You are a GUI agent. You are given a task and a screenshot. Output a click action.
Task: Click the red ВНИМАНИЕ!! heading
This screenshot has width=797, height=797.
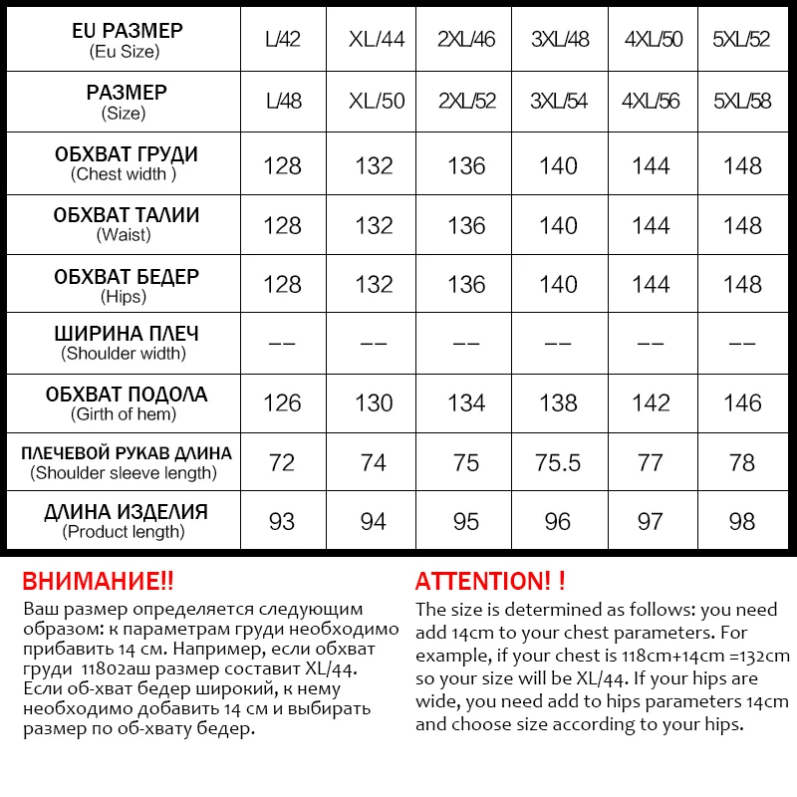98,582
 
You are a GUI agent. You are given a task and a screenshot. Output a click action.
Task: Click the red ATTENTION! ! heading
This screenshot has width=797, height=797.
490,582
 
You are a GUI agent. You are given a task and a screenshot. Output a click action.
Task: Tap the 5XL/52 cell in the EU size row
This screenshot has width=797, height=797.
742,41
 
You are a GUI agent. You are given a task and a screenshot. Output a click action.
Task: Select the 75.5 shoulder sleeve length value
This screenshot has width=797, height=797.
558,463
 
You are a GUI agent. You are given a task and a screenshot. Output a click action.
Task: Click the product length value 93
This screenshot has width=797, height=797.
283,522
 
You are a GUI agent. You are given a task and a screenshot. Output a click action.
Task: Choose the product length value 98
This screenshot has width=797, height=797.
742,522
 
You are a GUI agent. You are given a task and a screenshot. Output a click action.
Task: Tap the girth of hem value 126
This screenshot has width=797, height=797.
283,402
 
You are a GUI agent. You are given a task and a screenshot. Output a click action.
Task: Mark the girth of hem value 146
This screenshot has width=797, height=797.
742,402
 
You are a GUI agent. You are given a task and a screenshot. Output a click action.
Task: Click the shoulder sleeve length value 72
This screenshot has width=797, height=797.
283,463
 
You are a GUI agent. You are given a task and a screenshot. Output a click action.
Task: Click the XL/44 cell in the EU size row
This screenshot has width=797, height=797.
376,41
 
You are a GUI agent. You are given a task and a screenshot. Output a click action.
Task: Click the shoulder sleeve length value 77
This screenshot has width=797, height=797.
651,463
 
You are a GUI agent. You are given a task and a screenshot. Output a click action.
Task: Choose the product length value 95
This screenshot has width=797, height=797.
466,522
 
